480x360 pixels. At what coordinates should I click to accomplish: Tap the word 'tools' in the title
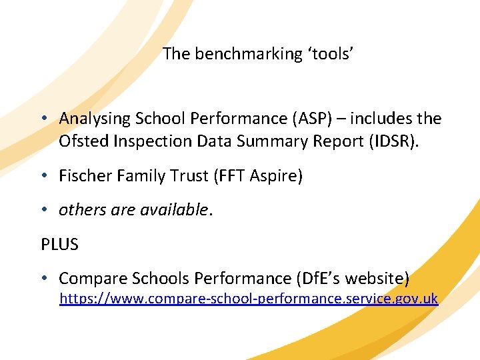point(330,55)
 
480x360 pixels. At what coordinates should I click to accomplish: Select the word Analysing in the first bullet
point(95,119)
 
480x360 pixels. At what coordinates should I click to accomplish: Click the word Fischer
point(84,176)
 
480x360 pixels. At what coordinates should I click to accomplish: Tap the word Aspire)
point(279,176)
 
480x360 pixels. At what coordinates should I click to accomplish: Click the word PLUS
point(59,245)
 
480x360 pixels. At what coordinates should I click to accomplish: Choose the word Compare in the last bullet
point(90,279)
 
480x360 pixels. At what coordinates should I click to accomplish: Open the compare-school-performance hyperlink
point(249,299)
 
